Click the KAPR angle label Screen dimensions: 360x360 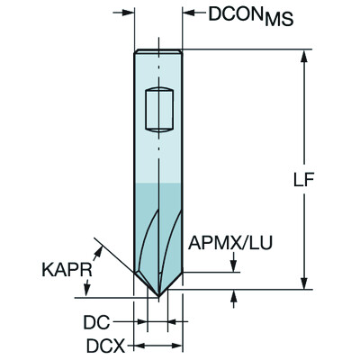(63, 267)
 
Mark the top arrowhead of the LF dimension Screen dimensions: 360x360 (308, 55)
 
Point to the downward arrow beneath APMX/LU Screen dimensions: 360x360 (235, 263)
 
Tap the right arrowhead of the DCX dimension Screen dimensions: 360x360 (178, 345)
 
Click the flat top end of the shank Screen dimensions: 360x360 (158, 50)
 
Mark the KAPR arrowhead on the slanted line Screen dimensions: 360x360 (97, 244)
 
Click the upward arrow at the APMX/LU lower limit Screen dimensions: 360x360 (235, 296)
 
